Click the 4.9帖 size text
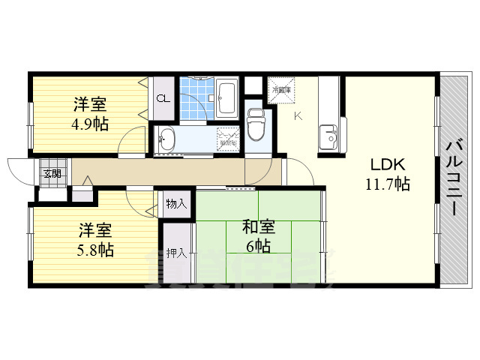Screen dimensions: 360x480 point(90,124)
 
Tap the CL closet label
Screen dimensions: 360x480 point(162,98)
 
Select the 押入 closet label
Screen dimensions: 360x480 point(177,253)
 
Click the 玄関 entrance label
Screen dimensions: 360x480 point(52,174)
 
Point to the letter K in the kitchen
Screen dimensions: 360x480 point(298,115)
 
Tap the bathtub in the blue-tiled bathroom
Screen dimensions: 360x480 point(228,95)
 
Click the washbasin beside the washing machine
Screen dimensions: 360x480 point(167,139)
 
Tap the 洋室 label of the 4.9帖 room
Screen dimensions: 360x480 point(88,103)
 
